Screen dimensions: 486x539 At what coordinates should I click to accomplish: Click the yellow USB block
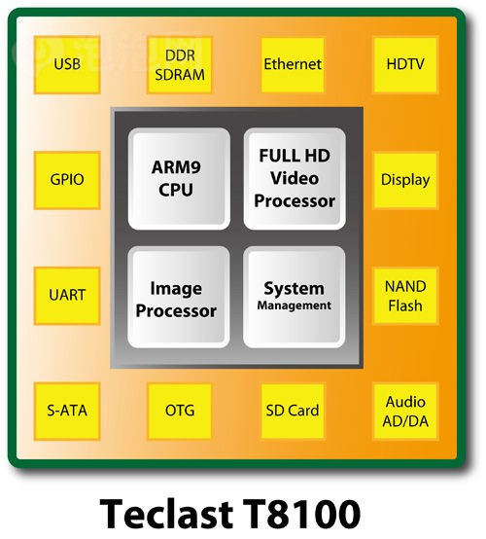click(x=67, y=64)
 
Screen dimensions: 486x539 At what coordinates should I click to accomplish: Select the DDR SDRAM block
click(x=179, y=64)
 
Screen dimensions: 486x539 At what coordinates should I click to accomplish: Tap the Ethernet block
click(x=293, y=64)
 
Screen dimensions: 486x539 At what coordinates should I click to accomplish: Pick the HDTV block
click(x=405, y=64)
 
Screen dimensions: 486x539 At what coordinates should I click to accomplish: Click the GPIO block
click(x=67, y=180)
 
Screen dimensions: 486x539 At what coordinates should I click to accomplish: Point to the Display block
click(x=405, y=180)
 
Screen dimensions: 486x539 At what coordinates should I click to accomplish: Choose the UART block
click(x=67, y=296)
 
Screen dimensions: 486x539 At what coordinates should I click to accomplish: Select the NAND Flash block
click(x=405, y=296)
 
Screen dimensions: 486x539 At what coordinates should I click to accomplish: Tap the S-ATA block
click(x=67, y=412)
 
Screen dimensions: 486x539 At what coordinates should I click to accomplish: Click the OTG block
click(x=179, y=412)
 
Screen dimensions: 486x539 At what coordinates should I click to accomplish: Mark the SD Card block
click(x=293, y=412)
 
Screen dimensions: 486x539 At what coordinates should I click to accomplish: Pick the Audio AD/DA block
click(x=405, y=412)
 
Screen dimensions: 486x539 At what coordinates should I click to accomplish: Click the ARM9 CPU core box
click(x=179, y=179)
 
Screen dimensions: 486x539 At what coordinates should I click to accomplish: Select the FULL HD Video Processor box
click(x=295, y=179)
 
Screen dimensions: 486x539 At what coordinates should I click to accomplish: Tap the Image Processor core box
click(x=179, y=297)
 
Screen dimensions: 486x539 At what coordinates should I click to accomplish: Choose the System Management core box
click(x=294, y=297)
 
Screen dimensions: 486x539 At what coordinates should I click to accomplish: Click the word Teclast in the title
click(x=166, y=514)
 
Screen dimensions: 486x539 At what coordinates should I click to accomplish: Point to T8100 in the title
click(x=301, y=514)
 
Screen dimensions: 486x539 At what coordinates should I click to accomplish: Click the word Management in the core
click(x=295, y=305)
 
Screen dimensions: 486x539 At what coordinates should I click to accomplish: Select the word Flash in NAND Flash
click(x=405, y=305)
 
